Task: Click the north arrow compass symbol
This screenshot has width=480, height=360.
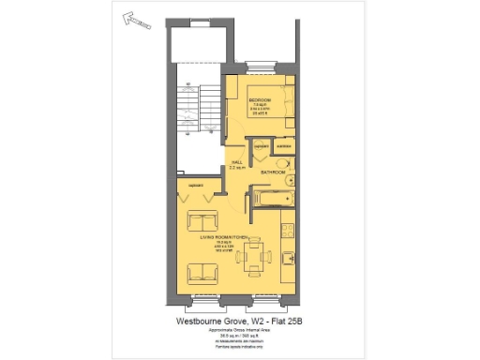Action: click(x=137, y=20)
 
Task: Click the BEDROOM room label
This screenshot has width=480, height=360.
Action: click(x=260, y=98)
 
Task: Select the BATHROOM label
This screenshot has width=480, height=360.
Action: click(x=273, y=172)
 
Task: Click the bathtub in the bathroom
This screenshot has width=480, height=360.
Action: click(x=273, y=199)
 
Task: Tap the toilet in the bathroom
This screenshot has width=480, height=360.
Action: click(x=289, y=182)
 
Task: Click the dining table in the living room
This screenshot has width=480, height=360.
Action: click(x=253, y=258)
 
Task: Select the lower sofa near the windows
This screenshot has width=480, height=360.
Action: click(x=202, y=275)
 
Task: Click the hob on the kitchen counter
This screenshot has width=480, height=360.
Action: click(x=288, y=258)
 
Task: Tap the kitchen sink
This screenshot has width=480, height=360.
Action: click(x=288, y=228)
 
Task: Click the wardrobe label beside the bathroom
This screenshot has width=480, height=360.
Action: click(x=283, y=147)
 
